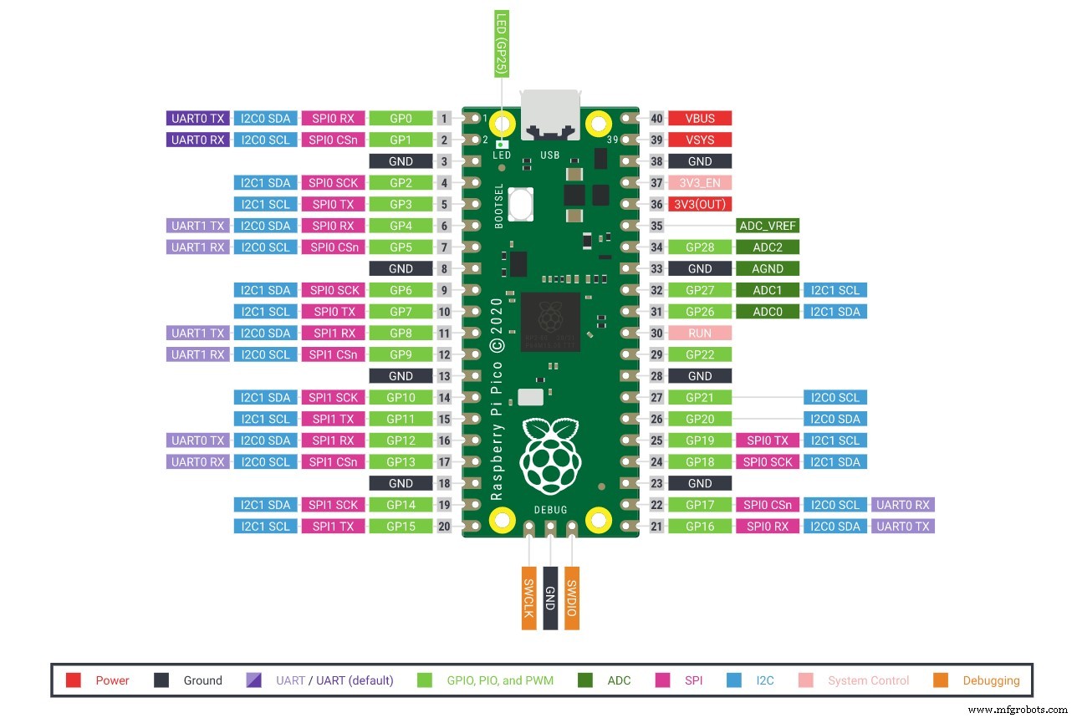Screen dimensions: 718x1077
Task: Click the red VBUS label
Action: coord(700,119)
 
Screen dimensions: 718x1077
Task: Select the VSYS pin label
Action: coord(700,140)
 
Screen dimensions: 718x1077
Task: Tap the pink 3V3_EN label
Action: coord(700,183)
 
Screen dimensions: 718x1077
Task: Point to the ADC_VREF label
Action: coord(768,226)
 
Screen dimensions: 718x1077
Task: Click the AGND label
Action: coord(768,269)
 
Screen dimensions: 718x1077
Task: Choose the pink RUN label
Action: coord(700,334)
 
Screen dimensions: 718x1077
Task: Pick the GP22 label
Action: coord(700,354)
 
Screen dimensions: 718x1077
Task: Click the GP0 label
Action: coord(401,119)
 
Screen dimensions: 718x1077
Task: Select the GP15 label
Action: coord(401,527)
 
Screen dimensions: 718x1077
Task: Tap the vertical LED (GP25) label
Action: coord(502,43)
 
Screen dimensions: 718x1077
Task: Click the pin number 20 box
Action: coord(445,527)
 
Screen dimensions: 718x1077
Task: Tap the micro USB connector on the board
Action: coord(549,115)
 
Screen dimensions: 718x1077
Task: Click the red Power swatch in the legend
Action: coord(74,680)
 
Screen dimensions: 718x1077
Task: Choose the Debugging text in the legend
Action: coord(991,680)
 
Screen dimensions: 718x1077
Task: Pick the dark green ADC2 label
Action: coord(768,247)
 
